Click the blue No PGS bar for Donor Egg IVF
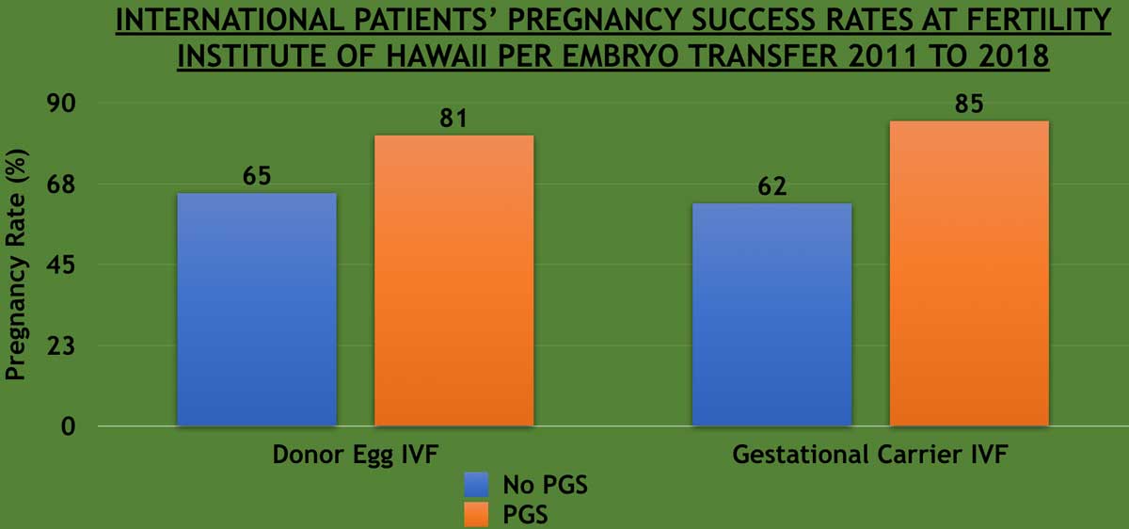[257, 310]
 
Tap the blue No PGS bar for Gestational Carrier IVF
[771, 314]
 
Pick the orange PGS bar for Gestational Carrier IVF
[969, 273]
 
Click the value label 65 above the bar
[257, 176]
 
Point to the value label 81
[453, 119]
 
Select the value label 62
[771, 186]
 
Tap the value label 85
[968, 104]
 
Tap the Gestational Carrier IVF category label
[870, 456]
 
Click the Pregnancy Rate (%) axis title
[15, 264]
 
